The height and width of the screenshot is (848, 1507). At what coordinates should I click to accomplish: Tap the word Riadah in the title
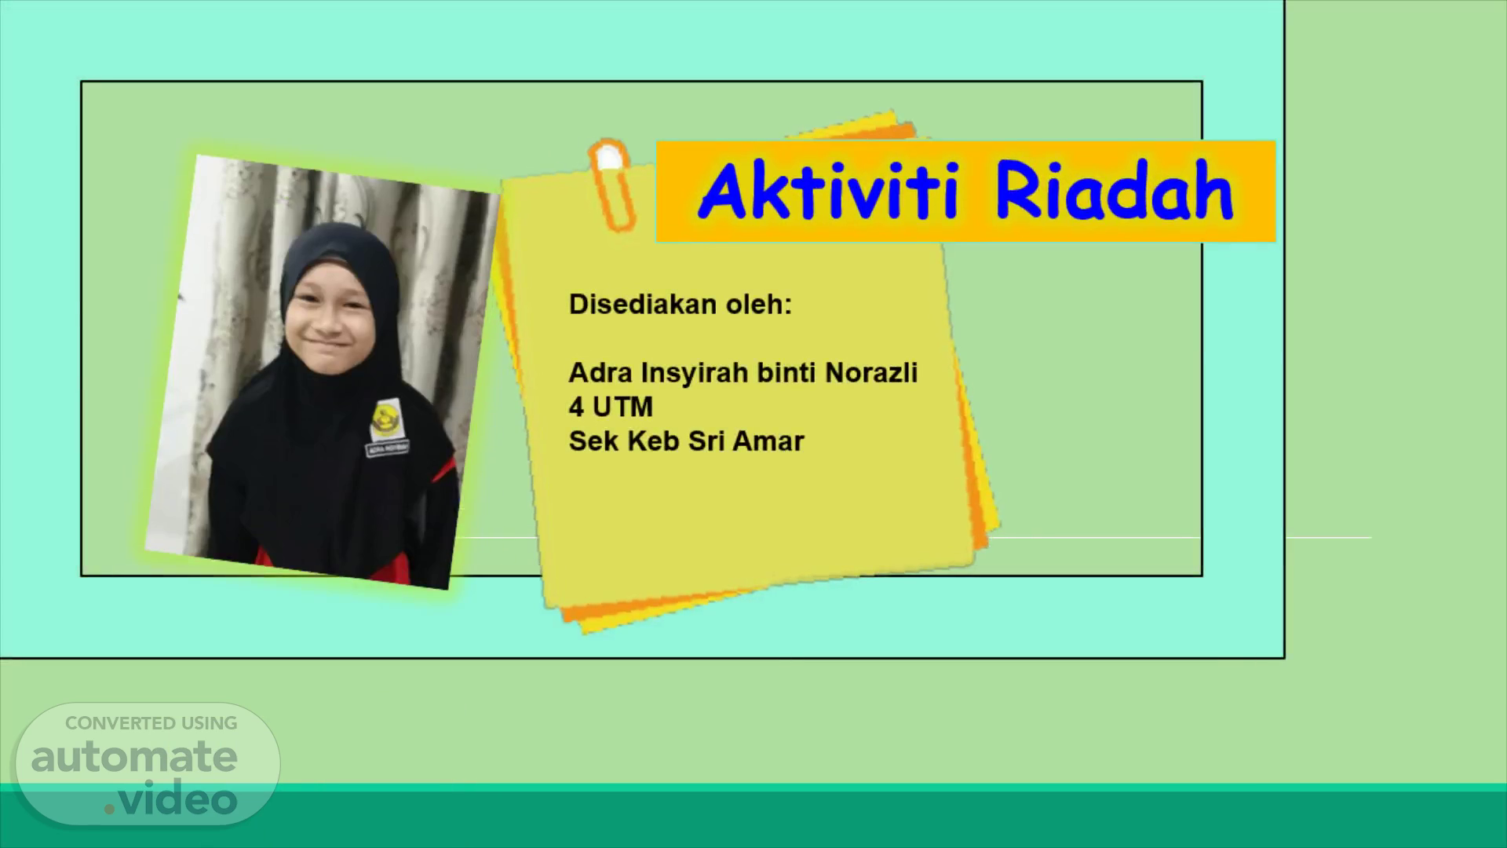[x=1114, y=192]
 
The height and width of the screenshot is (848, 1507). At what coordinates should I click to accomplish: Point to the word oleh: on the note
[x=758, y=305]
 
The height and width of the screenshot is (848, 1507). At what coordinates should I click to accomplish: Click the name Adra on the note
[x=601, y=372]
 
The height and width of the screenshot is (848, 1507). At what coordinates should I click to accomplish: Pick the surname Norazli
[x=871, y=372]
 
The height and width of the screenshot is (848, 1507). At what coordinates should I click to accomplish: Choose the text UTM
[x=623, y=407]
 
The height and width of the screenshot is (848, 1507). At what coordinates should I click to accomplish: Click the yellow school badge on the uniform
[x=385, y=419]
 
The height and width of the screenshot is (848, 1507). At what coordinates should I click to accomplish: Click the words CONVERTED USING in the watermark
[x=151, y=723]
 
